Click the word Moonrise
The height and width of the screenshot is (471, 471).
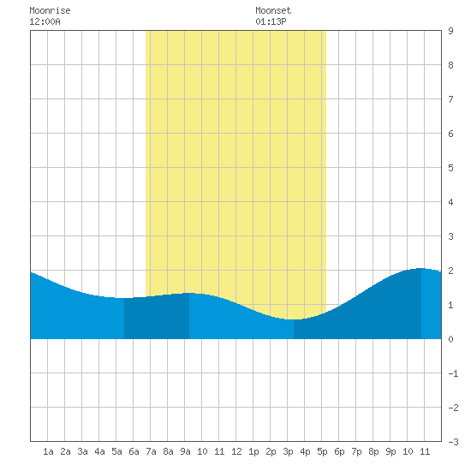pos(50,10)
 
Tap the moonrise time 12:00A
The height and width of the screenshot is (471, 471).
pos(45,21)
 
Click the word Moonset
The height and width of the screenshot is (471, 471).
pos(273,10)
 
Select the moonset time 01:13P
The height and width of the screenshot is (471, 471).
pos(271,21)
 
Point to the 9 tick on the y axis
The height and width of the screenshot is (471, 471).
pos(450,31)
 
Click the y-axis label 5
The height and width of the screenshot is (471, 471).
pos(450,168)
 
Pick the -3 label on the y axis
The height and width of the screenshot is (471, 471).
pos(453,442)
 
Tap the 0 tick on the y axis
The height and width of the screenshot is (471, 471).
pos(450,339)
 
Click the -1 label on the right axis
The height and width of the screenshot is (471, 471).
pos(453,373)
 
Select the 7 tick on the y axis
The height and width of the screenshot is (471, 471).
pos(450,99)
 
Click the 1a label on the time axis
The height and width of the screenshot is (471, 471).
pos(48,451)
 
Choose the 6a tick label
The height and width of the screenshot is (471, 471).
pos(134,451)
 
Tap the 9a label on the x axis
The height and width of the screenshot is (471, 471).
pos(185,451)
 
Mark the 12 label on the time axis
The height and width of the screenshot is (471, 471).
pos(236,451)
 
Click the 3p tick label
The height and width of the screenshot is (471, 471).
pos(288,451)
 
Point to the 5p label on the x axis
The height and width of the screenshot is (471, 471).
pos(322,451)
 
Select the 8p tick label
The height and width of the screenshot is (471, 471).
pos(373,451)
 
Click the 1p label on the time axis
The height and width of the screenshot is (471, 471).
pos(253,451)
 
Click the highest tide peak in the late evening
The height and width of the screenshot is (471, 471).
pos(421,268)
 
